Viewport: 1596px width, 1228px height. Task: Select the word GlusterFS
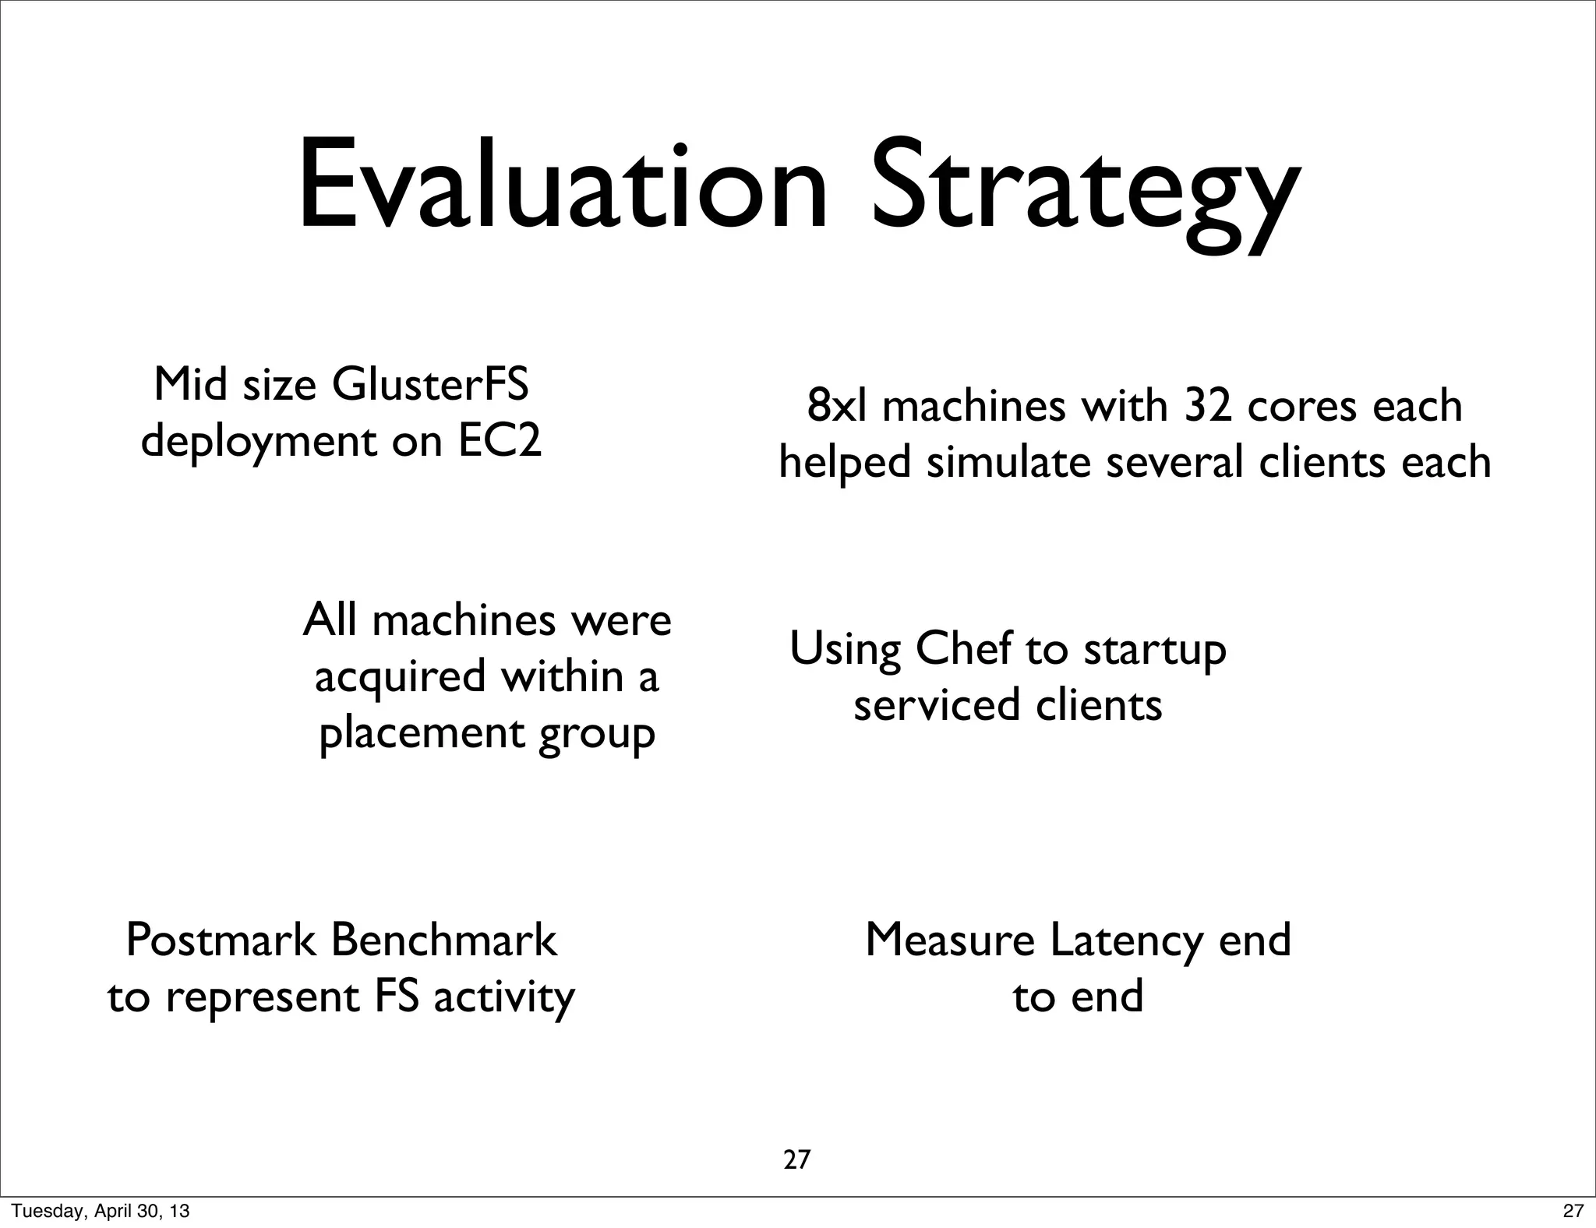pyautogui.click(x=430, y=385)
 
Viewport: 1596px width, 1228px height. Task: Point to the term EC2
pyautogui.click(x=499, y=442)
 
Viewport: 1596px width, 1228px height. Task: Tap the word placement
pyautogui.click(x=422, y=734)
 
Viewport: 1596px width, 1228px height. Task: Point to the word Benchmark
pyautogui.click(x=444, y=940)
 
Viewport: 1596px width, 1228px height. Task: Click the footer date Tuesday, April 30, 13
pyautogui.click(x=101, y=1211)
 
